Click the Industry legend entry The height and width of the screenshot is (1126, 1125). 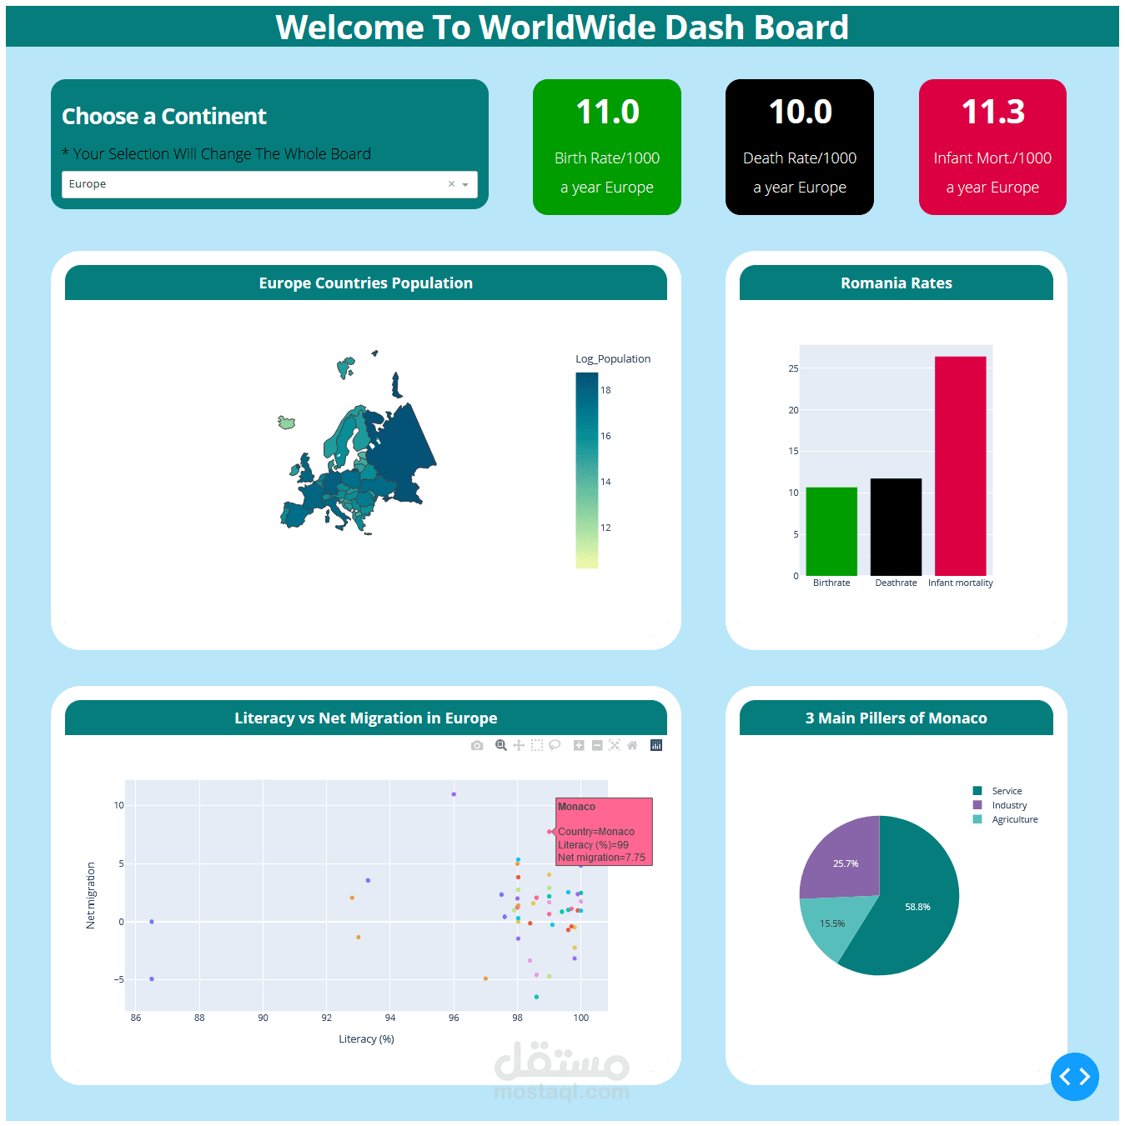pyautogui.click(x=1008, y=805)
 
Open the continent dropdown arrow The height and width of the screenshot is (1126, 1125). pyautogui.click(x=465, y=185)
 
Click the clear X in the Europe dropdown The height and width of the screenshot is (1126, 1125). pyautogui.click(x=451, y=184)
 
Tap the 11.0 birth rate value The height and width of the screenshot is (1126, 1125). pyautogui.click(x=607, y=113)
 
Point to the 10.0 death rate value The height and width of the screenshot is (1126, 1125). pyautogui.click(x=800, y=113)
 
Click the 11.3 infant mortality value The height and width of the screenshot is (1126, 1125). pyautogui.click(x=992, y=113)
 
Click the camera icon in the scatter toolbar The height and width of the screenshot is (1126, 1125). pyautogui.click(x=477, y=745)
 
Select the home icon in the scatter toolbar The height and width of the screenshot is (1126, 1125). pyautogui.click(x=632, y=745)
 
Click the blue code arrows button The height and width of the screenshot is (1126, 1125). pyautogui.click(x=1074, y=1077)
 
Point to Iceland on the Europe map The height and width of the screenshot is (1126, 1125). pyautogui.click(x=287, y=423)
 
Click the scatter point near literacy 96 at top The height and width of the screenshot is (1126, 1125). pyautogui.click(x=454, y=794)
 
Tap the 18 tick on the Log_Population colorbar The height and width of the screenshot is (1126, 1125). pyautogui.click(x=605, y=390)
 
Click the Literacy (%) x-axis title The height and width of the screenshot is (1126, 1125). pyautogui.click(x=366, y=1038)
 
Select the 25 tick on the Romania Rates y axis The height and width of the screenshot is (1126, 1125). pyautogui.click(x=793, y=368)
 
